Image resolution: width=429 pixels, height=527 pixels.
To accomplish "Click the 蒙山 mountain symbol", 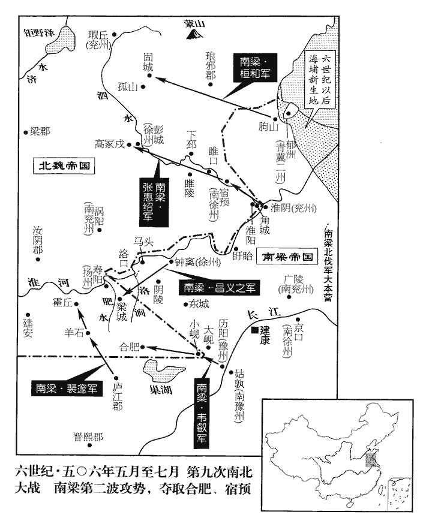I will coord(193,36).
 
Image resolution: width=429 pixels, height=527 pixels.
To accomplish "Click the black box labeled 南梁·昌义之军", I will coord(219,288).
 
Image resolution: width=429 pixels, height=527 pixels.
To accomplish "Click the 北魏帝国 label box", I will coord(65,166).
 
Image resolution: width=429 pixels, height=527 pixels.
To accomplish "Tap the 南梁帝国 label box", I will coord(287,257).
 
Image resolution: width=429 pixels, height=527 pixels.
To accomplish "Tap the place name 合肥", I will coord(129,346).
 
